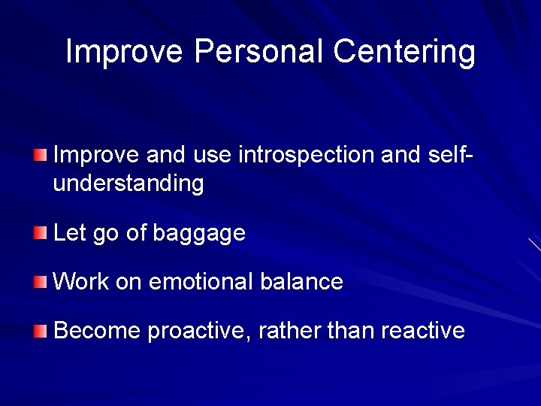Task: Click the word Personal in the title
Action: (259, 52)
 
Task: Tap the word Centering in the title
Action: (404, 52)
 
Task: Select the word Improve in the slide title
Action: (124, 52)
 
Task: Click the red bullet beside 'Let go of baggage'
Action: (40, 233)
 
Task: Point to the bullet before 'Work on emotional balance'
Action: (40, 282)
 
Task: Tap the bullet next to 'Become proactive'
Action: (40, 331)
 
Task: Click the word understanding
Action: (128, 183)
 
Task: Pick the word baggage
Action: (199, 234)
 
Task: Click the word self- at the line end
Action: (449, 155)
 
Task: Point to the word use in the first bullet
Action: (213, 155)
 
